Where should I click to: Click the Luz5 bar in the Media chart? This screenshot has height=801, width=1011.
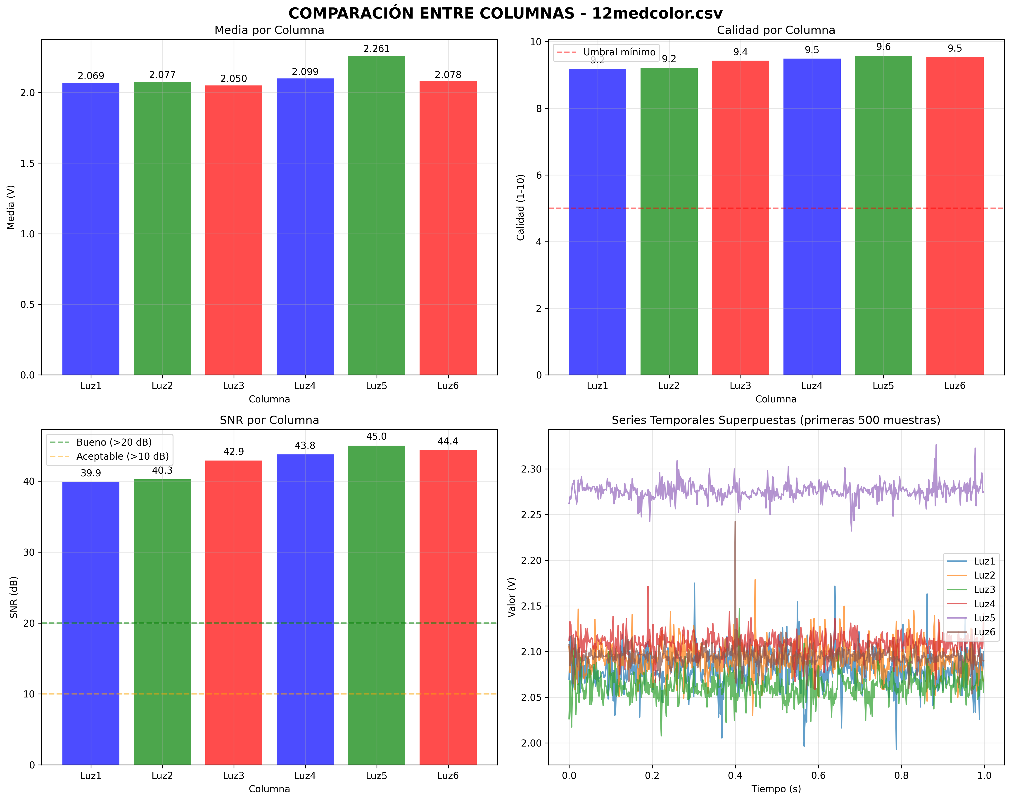coord(377,216)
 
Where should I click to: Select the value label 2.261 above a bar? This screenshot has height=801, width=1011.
coord(377,49)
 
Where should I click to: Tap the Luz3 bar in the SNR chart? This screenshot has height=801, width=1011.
coord(233,609)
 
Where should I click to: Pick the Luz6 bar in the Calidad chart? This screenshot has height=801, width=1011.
coord(955,216)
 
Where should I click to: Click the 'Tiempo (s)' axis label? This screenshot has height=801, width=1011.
coord(776,789)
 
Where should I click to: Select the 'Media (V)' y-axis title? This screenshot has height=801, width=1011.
coord(11,207)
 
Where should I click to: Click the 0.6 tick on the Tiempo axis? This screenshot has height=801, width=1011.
coord(818,776)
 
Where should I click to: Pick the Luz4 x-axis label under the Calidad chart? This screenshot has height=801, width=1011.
coord(812,386)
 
